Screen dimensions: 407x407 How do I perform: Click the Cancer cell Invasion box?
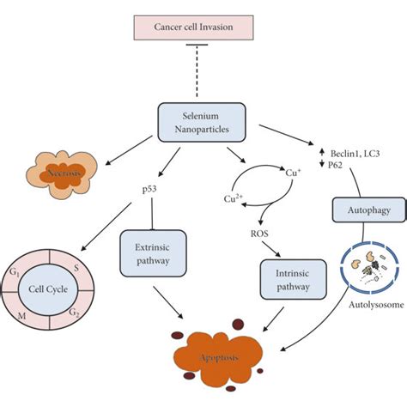click(203, 27)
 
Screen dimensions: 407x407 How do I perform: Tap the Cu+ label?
click(295, 172)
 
